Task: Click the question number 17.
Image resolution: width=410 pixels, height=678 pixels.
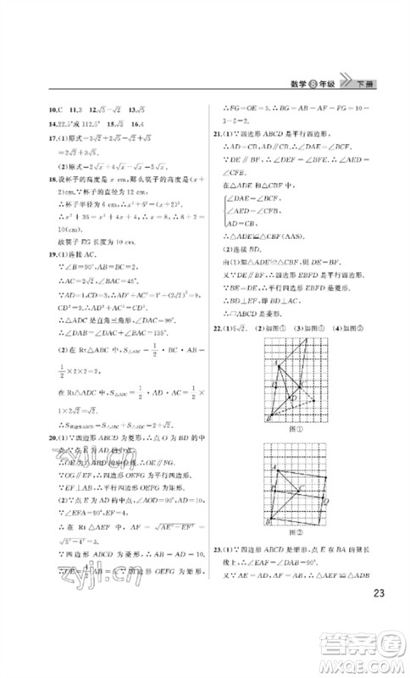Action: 31,136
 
